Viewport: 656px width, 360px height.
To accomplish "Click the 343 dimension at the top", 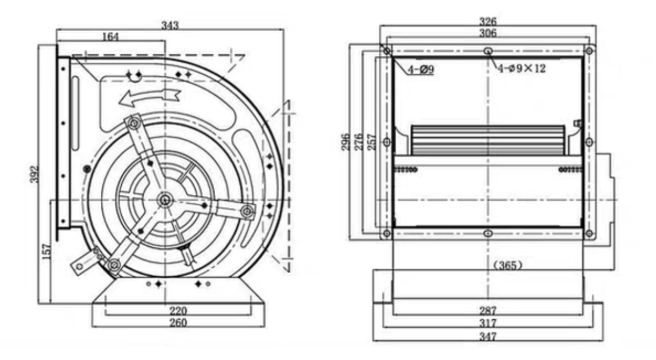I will click(x=170, y=25).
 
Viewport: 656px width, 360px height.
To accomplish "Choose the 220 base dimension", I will click(x=178, y=311).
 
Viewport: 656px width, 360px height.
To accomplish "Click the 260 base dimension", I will click(x=178, y=322).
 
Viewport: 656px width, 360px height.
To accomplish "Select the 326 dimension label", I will click(x=488, y=22).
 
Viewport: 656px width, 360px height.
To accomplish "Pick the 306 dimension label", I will click(x=488, y=33).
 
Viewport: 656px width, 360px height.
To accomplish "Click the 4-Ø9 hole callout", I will click(x=421, y=69).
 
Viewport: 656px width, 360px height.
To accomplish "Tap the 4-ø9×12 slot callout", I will click(x=520, y=68).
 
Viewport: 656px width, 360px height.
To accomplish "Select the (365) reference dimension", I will click(x=507, y=265).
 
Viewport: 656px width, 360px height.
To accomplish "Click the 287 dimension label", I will click(x=488, y=311).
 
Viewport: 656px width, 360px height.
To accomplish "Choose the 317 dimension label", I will click(x=488, y=324).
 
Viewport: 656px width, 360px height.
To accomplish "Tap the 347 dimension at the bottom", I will click(x=488, y=337).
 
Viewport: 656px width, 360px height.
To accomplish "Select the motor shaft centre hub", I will click(x=163, y=199).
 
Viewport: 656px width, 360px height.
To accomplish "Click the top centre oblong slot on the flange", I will click(x=488, y=50).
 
